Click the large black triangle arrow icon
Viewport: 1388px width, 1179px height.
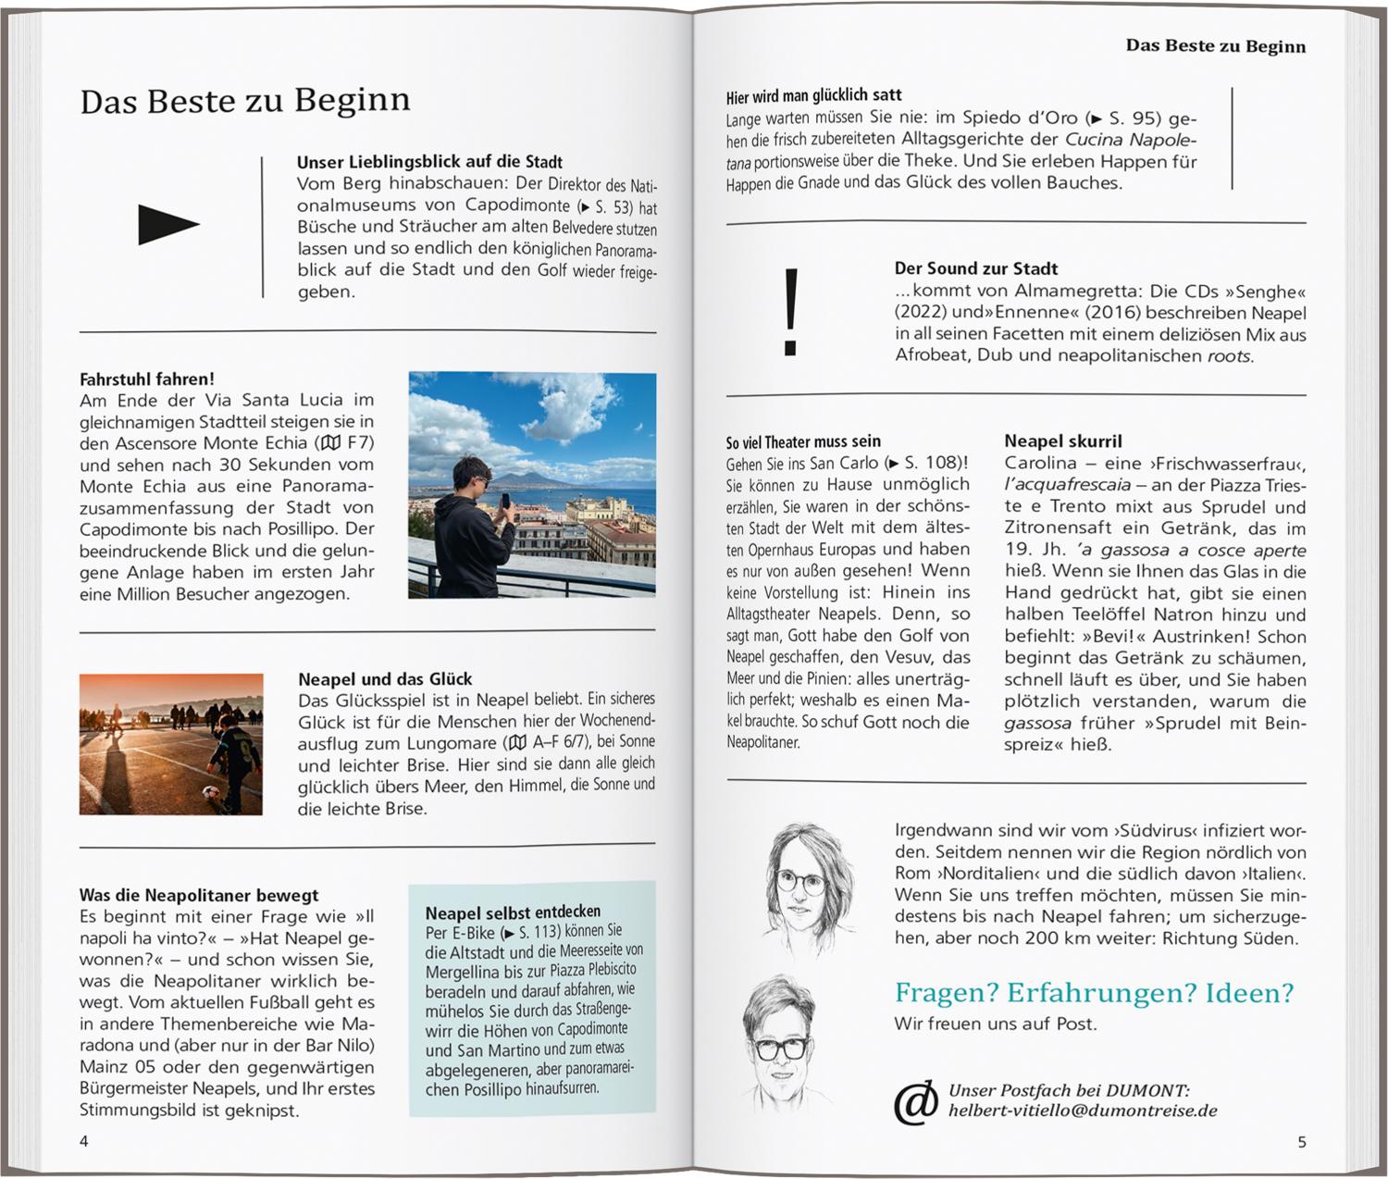(167, 224)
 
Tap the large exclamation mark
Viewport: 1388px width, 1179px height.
(790, 312)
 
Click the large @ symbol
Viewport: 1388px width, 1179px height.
(915, 1101)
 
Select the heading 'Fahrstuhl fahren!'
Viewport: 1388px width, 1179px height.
(147, 379)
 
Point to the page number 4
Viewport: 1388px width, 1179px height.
(84, 1141)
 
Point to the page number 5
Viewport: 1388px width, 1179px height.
(1301, 1141)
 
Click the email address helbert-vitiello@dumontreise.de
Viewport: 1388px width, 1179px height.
(1082, 1111)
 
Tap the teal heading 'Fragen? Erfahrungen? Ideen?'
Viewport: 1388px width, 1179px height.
(1094, 993)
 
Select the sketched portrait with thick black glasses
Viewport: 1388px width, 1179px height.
(779, 1046)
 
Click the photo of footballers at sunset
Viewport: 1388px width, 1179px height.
(171, 744)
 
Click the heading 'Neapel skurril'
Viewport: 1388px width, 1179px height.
(1063, 441)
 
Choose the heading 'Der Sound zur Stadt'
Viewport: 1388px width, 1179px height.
(975, 268)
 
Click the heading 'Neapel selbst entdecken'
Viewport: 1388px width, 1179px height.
(513, 911)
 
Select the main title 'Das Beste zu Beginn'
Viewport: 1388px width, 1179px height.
(245, 100)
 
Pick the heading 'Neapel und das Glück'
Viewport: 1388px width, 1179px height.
(385, 678)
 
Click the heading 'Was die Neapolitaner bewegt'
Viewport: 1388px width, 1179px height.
(199, 895)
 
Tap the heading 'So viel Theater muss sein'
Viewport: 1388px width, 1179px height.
(803, 441)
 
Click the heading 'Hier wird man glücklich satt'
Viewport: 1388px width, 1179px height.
(813, 95)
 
